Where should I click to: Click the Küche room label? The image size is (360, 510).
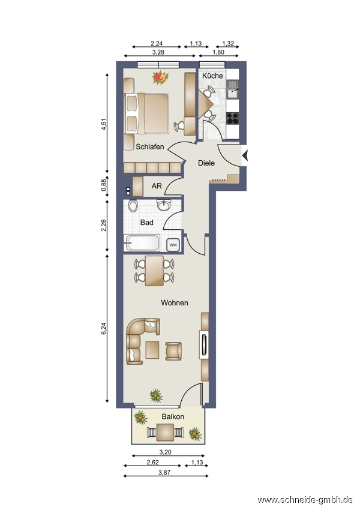(212, 76)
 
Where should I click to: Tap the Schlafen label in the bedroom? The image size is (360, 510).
(150, 146)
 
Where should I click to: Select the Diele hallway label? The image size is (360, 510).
(206, 163)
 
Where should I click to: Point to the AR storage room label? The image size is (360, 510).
(157, 186)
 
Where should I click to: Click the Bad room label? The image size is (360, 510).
(146, 223)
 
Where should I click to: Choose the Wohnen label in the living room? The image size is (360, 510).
(175, 303)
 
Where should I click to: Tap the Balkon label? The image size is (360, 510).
(173, 416)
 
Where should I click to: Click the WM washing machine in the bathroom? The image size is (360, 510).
(173, 245)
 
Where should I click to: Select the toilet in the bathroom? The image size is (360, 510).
(133, 206)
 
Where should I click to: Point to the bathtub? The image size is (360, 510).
(142, 243)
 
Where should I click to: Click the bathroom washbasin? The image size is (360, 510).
(163, 205)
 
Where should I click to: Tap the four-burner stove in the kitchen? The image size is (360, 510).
(233, 118)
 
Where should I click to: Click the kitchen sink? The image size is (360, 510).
(233, 89)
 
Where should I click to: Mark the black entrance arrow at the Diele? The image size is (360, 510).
(245, 156)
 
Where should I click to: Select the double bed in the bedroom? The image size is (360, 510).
(147, 113)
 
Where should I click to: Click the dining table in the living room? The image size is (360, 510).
(154, 271)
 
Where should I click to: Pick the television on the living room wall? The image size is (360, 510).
(204, 345)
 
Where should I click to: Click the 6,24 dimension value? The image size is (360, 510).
(104, 328)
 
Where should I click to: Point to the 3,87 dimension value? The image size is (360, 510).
(164, 473)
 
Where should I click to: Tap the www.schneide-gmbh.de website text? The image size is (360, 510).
(305, 499)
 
